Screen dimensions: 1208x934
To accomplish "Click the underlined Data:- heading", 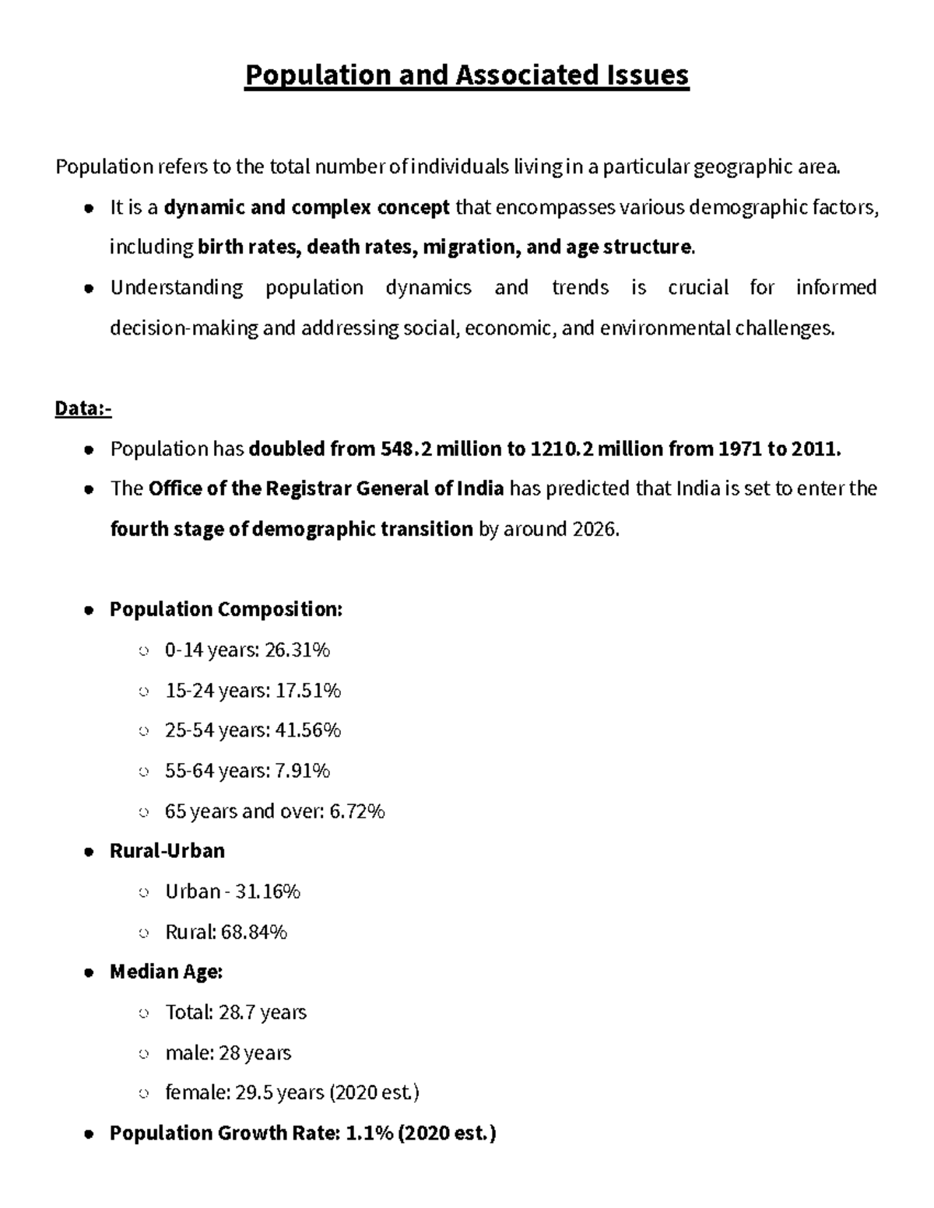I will pyautogui.click(x=83, y=408).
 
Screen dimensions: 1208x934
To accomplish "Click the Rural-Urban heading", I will pyautogui.click(x=167, y=851).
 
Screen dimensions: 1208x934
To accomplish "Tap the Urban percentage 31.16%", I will pyautogui.click(x=267, y=891).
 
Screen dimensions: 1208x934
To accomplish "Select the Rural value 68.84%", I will pyautogui.click(x=255, y=932).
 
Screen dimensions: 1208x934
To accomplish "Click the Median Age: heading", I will pyautogui.click(x=167, y=972).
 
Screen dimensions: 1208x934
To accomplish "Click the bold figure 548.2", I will pyautogui.click(x=405, y=449).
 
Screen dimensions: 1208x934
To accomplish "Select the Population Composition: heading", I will pyautogui.click(x=226, y=609).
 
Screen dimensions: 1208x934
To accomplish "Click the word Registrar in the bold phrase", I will pyautogui.click(x=308, y=489).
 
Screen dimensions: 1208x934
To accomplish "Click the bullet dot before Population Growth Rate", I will pyautogui.click(x=90, y=1134).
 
